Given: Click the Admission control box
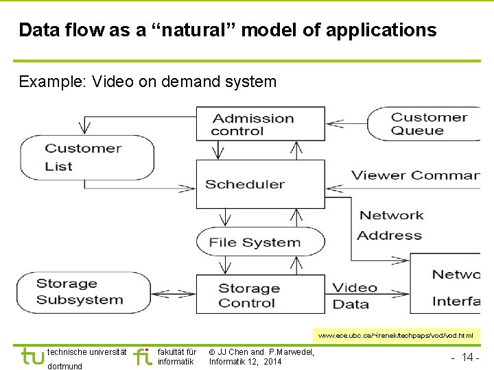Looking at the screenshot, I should (x=260, y=124).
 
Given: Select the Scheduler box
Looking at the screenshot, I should (x=260, y=184).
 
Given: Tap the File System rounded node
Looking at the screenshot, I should (x=260, y=242).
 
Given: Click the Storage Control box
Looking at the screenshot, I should (x=260, y=295).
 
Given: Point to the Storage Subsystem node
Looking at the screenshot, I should (x=80, y=292).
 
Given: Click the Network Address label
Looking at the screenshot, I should (x=390, y=225).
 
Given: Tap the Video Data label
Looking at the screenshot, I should (x=355, y=296).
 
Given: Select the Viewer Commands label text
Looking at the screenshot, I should (x=414, y=175).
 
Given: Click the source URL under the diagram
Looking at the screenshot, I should (x=396, y=336).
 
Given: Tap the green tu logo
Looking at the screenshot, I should (x=32, y=357).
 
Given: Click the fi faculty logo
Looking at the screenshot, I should (x=143, y=357).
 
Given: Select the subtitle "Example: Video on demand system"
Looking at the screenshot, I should (x=148, y=82).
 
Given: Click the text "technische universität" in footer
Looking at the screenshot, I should (x=86, y=352).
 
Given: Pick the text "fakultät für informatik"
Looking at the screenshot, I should (x=177, y=357).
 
